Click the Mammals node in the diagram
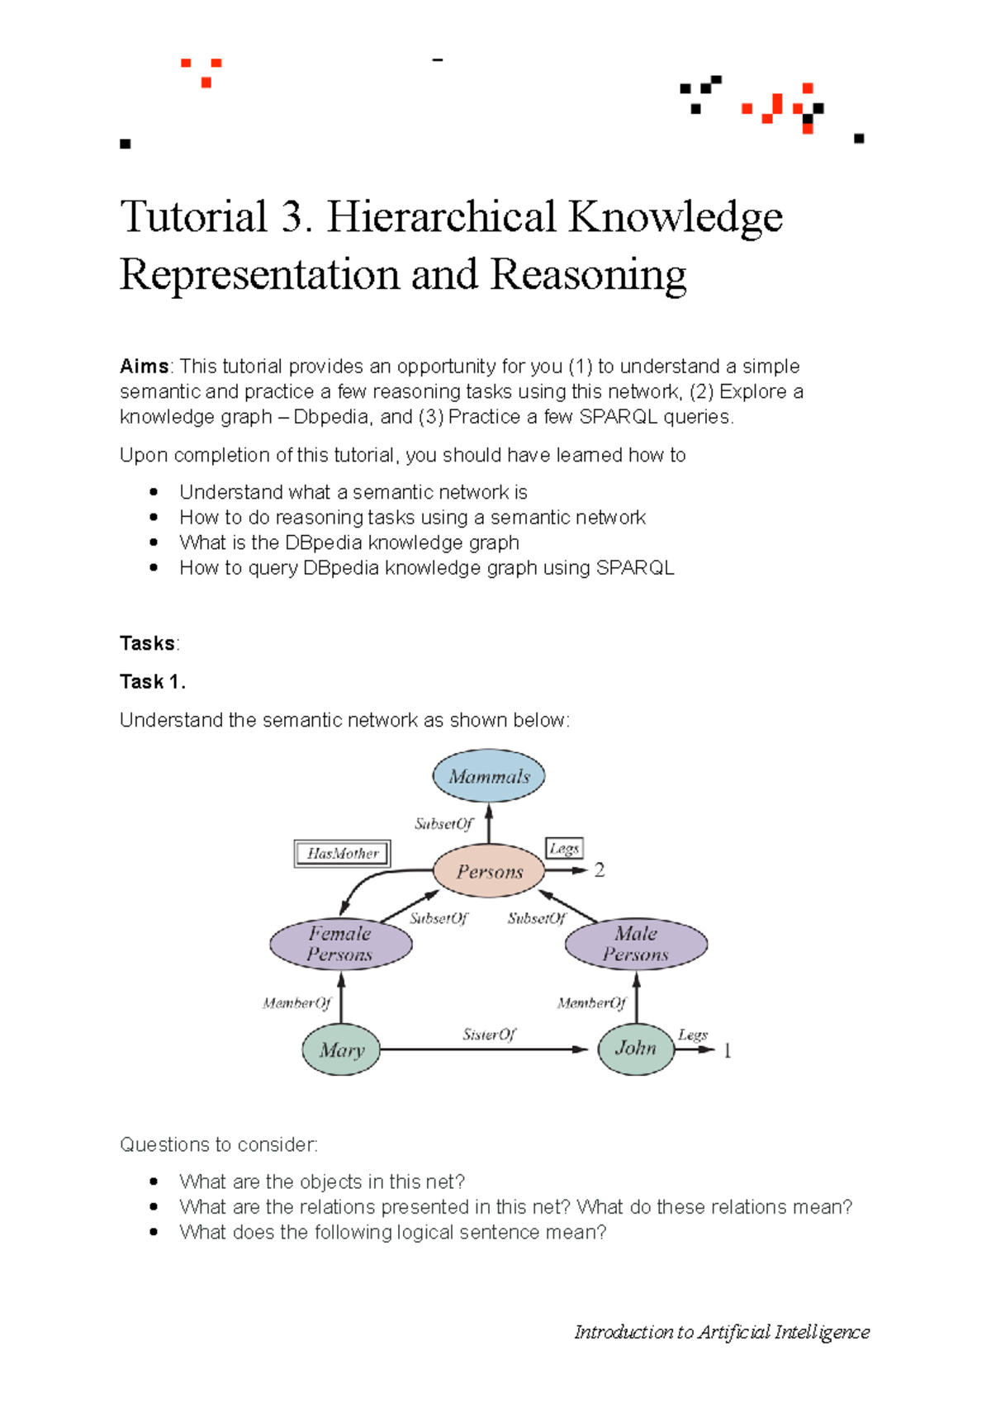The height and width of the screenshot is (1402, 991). tap(489, 776)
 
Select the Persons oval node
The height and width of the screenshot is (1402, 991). tap(490, 871)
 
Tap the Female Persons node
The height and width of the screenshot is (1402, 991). tap(340, 944)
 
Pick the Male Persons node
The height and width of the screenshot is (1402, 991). tap(636, 944)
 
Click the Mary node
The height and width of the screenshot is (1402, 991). tap(341, 1049)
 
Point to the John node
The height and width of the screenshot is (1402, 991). tap(636, 1049)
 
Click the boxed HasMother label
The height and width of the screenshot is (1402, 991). tap(343, 854)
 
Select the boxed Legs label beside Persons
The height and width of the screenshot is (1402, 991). tap(565, 849)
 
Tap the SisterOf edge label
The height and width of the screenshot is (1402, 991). tap(489, 1035)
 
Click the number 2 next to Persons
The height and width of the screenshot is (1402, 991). tap(600, 870)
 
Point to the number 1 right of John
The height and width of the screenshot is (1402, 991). tap(728, 1050)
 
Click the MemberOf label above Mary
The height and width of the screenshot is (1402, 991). tap(296, 1003)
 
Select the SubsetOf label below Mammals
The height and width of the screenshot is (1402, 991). tap(444, 824)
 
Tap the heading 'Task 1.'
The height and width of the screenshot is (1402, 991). tap(153, 682)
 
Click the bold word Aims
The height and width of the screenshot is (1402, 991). tap(145, 367)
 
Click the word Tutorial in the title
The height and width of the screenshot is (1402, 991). tap(193, 217)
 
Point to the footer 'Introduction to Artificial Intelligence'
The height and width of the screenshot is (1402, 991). tap(722, 1332)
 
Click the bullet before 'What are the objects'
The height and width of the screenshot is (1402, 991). tap(154, 1182)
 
